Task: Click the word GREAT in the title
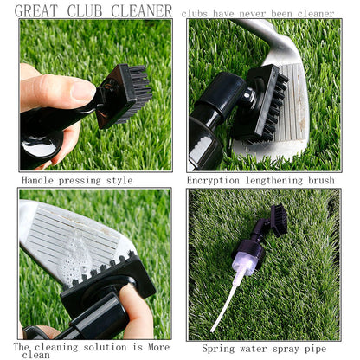[x=41, y=11]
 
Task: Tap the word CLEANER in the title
[x=142, y=11]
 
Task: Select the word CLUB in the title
[x=88, y=11]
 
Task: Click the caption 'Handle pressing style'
[x=77, y=180]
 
